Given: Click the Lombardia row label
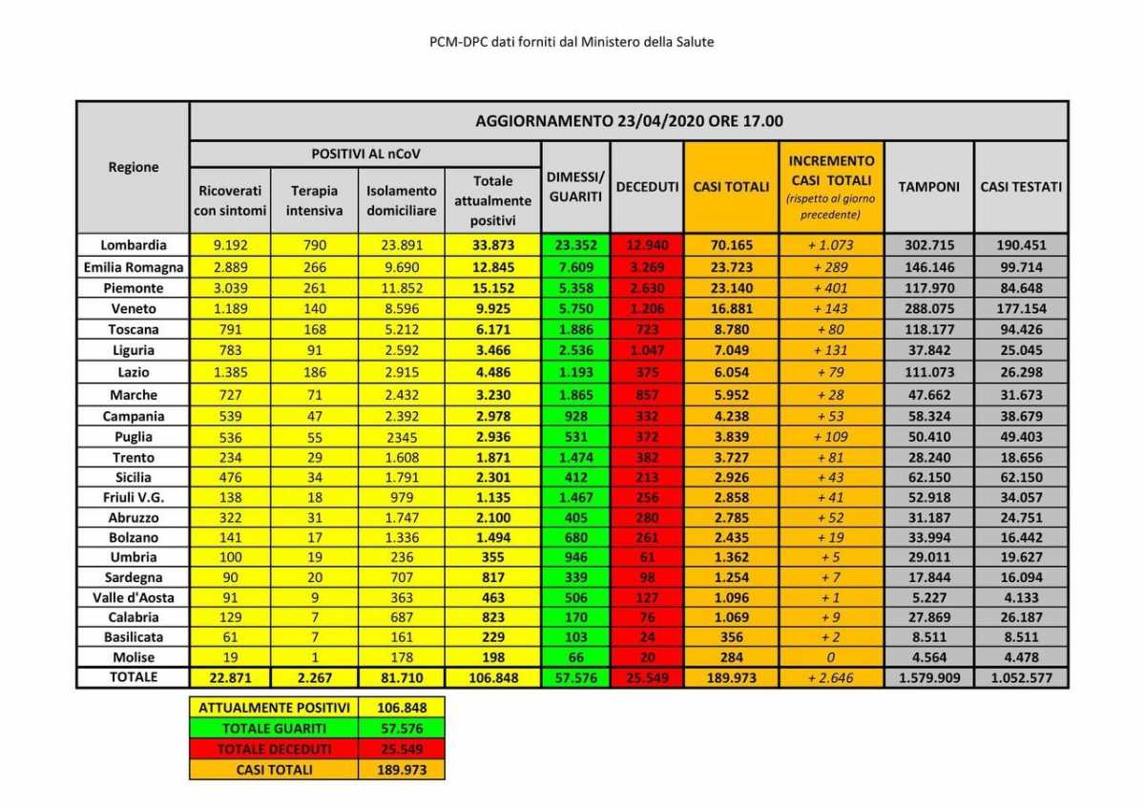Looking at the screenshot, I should [x=133, y=245].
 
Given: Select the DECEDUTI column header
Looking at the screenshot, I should [x=647, y=187].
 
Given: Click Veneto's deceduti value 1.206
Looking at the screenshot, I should [x=647, y=309].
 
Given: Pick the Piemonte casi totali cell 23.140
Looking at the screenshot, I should [x=732, y=288].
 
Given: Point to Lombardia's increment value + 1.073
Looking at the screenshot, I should [x=830, y=245].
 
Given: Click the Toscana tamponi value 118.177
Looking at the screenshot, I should [x=928, y=330].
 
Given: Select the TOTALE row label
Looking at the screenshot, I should [x=133, y=677].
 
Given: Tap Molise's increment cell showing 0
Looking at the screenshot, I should [x=830, y=657].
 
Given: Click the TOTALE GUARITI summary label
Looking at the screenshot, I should [x=274, y=728].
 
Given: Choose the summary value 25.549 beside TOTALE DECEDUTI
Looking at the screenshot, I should [x=402, y=749].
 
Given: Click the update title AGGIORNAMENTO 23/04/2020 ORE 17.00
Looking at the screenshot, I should [x=629, y=121].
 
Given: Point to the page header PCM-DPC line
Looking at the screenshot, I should [x=572, y=42].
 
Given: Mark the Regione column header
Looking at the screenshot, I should [x=133, y=167].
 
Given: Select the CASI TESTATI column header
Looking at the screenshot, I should [x=1020, y=187].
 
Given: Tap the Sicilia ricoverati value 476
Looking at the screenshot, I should [x=230, y=477].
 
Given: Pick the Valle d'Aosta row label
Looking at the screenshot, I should [x=133, y=597].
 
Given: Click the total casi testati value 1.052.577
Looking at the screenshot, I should [x=1020, y=678].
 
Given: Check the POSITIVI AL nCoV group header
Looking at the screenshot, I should [x=365, y=154].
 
